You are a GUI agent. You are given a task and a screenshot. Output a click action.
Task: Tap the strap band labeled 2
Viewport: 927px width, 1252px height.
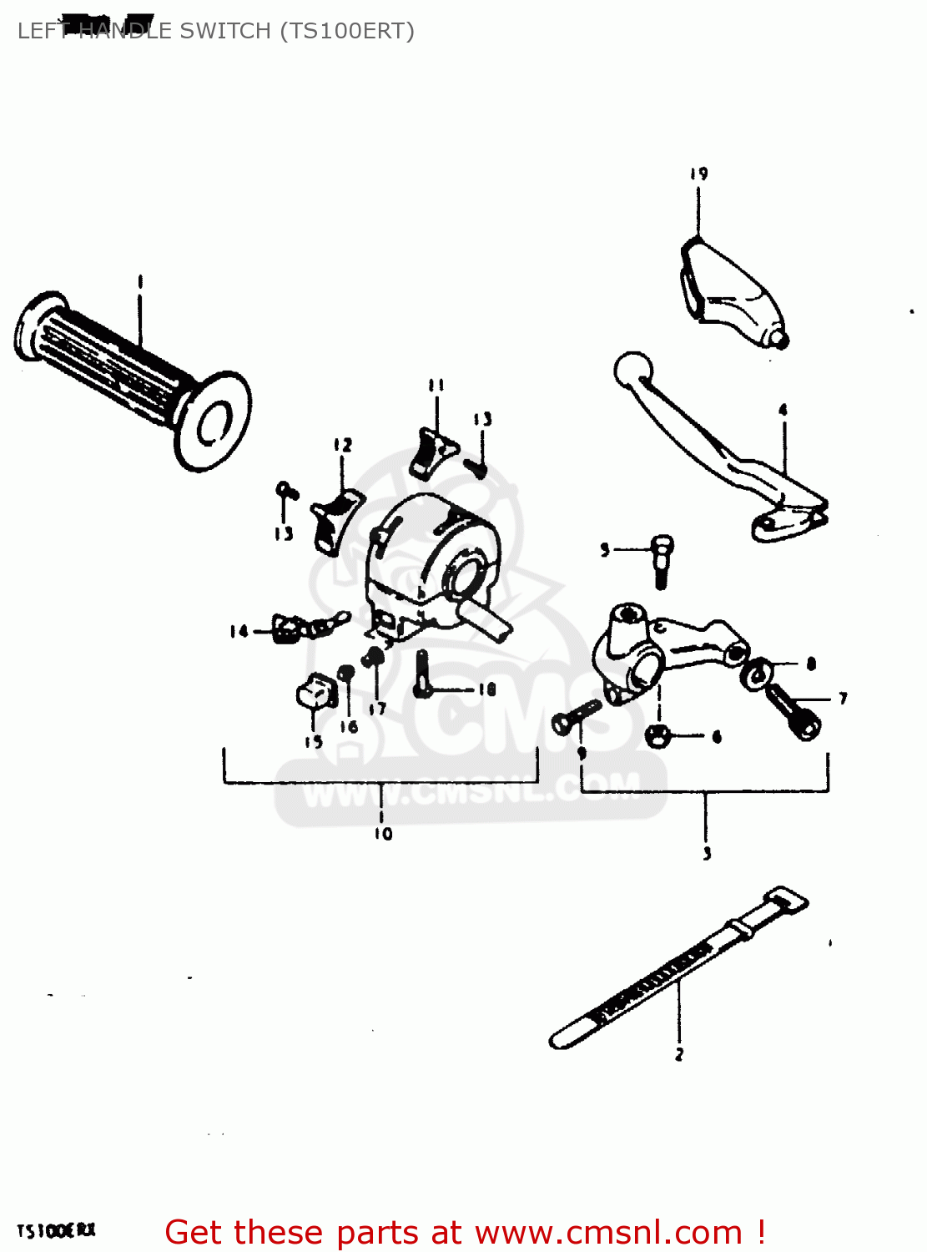coord(676,968)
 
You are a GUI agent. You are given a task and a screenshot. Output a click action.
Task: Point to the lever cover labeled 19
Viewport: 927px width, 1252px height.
coord(726,292)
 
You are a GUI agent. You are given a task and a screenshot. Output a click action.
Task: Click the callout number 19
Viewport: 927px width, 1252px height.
coord(698,174)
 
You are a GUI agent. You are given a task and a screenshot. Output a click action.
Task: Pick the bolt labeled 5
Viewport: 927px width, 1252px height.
coord(662,559)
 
